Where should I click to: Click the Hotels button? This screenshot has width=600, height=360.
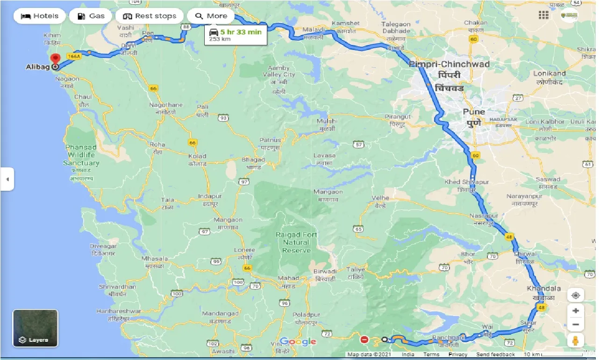pyautogui.click(x=40, y=16)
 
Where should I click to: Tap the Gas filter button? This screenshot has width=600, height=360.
pyautogui.click(x=91, y=16)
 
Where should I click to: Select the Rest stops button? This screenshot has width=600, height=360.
pyautogui.click(x=150, y=16)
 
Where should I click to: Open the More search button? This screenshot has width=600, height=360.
pyautogui.click(x=211, y=16)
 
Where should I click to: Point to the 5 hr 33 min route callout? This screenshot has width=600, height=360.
pyautogui.click(x=236, y=35)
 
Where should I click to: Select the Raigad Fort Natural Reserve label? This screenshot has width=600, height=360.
pyautogui.click(x=296, y=242)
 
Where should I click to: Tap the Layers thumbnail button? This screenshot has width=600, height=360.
pyautogui.click(x=36, y=328)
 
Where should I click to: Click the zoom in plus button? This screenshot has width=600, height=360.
pyautogui.click(x=576, y=311)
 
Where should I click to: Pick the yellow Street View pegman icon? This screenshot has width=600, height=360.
pyautogui.click(x=576, y=341)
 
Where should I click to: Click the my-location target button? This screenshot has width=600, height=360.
pyautogui.click(x=576, y=295)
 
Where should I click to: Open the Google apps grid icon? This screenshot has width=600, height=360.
pyautogui.click(x=543, y=15)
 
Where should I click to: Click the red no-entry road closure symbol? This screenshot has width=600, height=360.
pyautogui.click(x=364, y=339)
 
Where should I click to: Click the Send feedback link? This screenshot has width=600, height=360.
pyautogui.click(x=496, y=354)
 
